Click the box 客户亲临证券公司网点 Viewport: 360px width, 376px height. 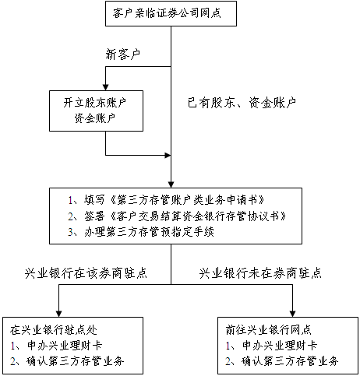point(171,14)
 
